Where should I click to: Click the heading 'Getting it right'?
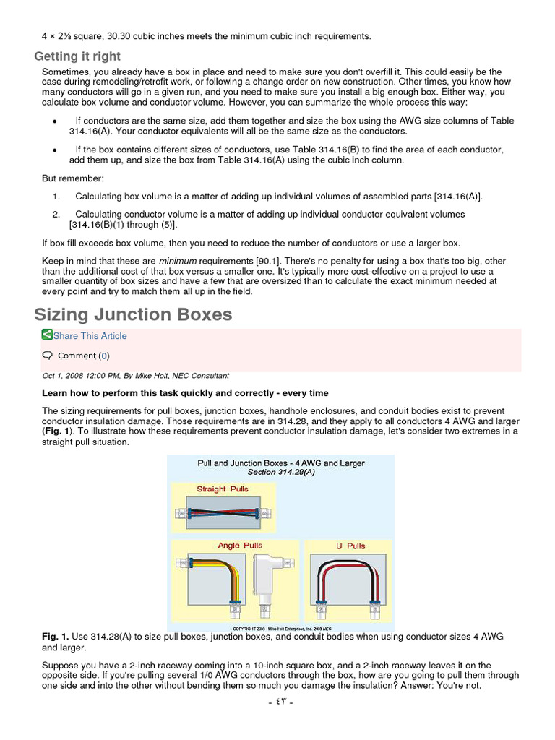77,56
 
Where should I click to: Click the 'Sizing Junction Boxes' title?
134,314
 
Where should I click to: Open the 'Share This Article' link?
90,335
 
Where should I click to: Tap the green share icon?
47,335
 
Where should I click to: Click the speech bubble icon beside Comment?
48,355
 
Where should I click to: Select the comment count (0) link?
104,356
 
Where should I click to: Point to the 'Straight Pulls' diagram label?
223,489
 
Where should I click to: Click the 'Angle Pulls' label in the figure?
240,546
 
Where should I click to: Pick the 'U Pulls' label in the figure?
350,546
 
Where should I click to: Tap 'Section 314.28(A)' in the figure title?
281,472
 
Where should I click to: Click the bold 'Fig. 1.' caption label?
56,636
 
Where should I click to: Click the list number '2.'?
56,215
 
